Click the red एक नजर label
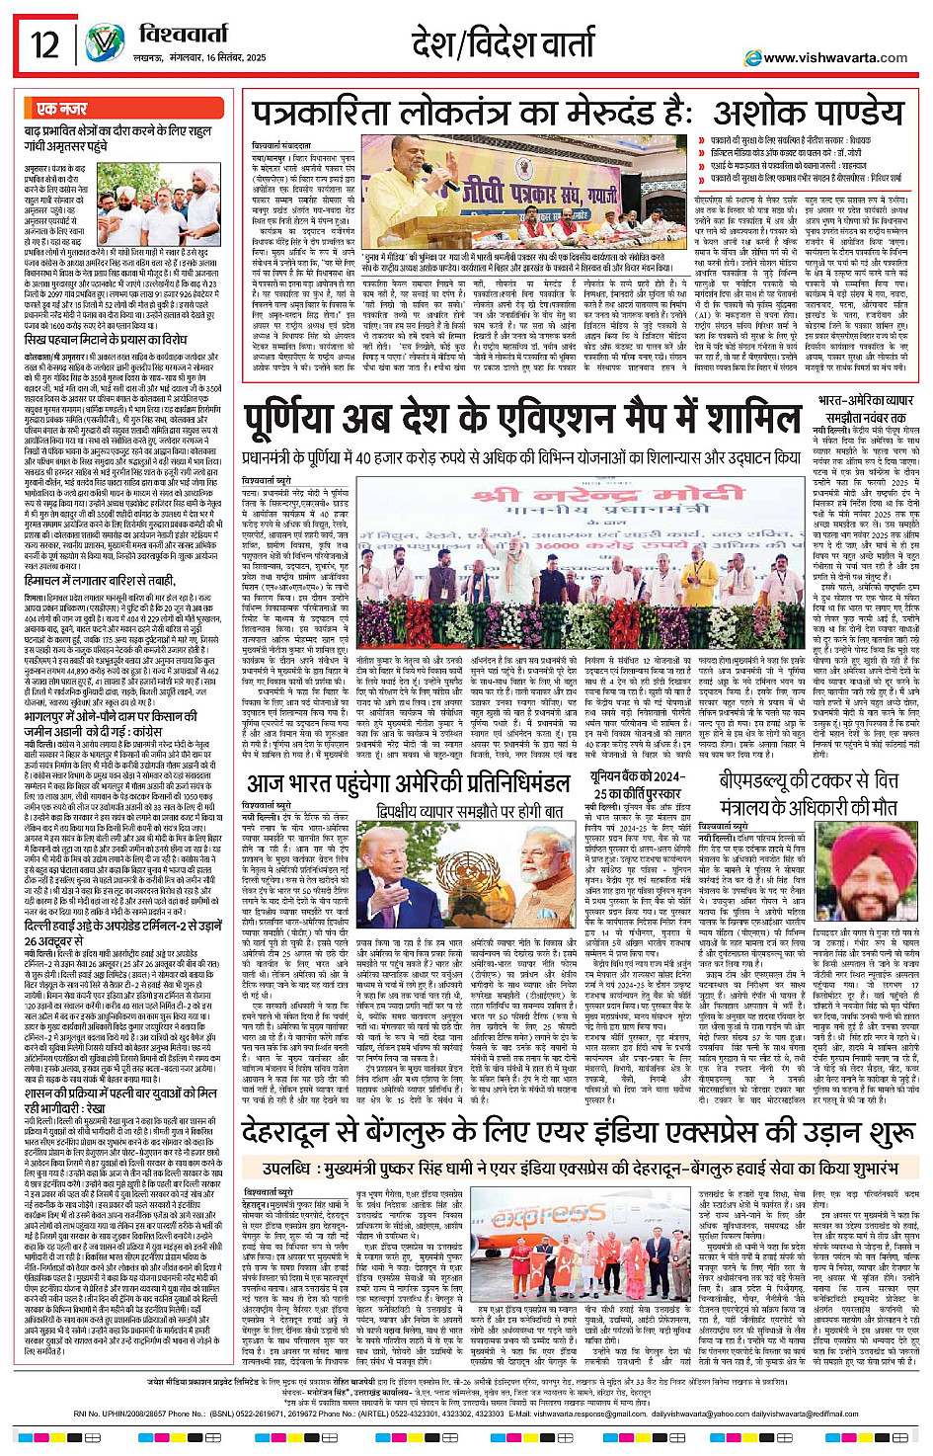click(x=61, y=109)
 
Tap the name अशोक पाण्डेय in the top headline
click(x=793, y=114)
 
